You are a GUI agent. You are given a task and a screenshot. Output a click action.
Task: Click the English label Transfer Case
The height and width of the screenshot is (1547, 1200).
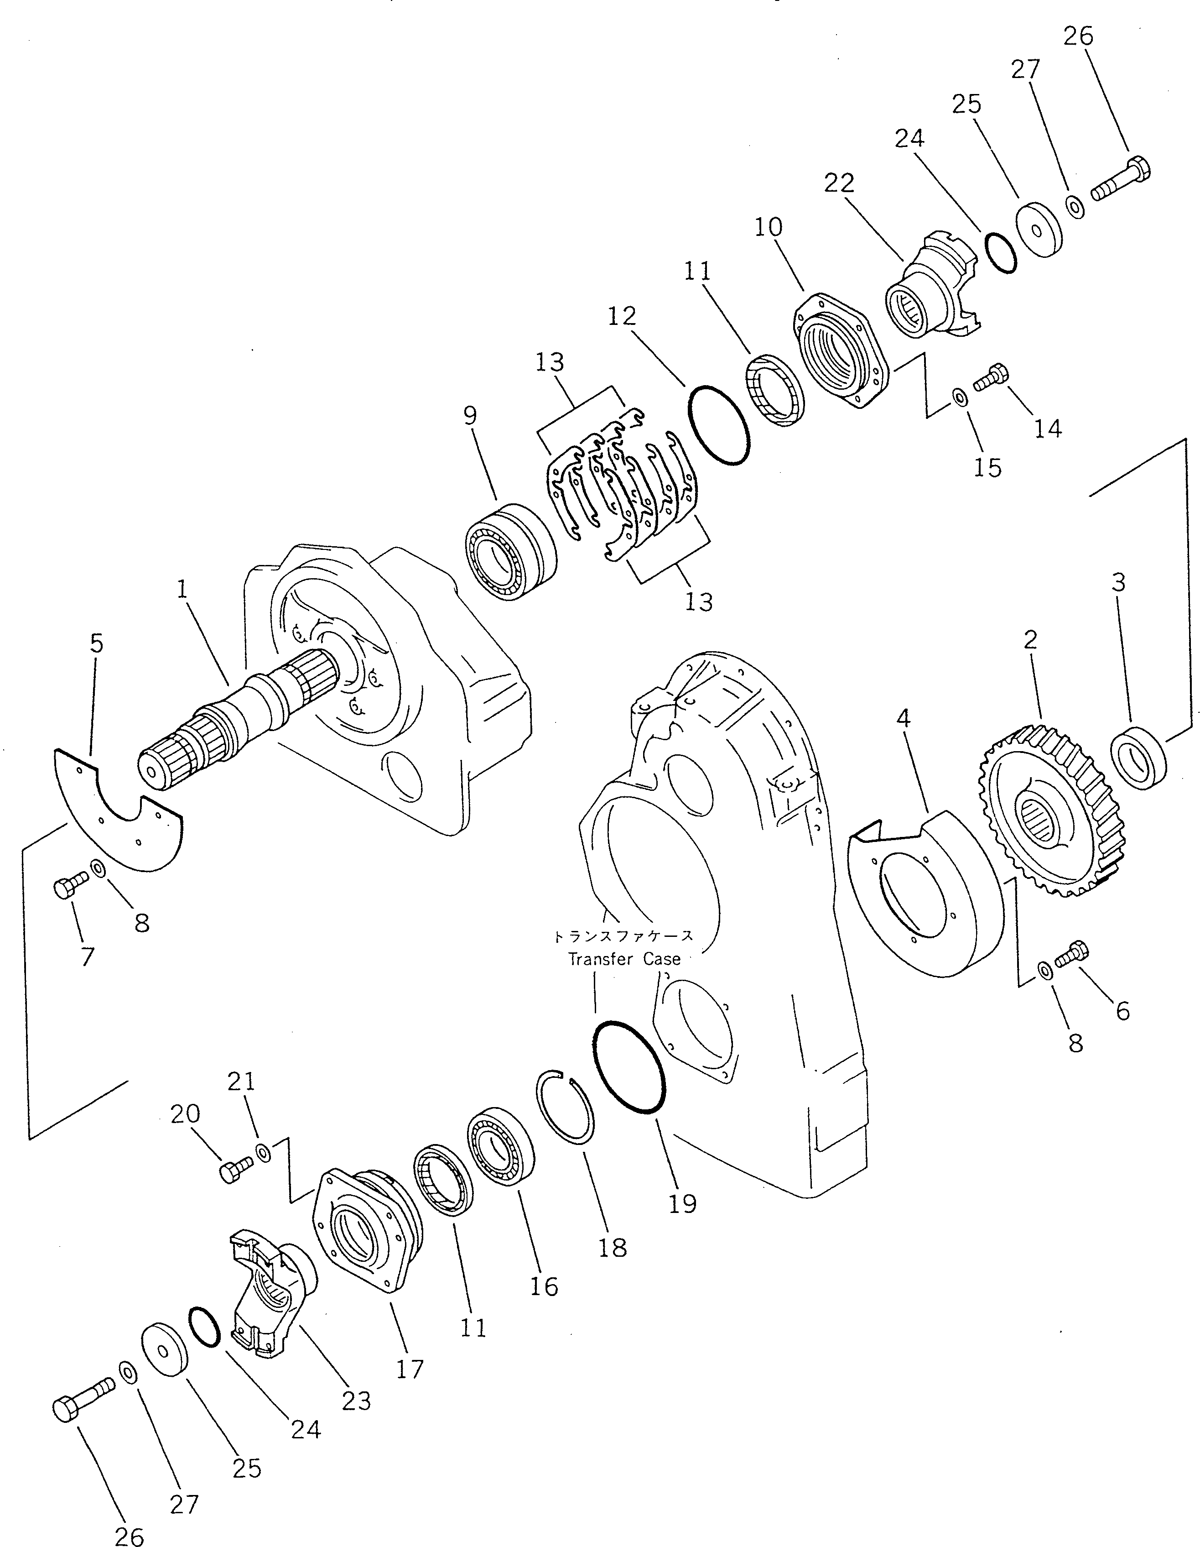(623, 959)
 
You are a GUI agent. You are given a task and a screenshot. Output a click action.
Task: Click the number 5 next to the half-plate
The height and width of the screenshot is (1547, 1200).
(96, 644)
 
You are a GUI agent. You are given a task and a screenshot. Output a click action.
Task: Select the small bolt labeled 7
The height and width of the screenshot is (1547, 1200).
(69, 886)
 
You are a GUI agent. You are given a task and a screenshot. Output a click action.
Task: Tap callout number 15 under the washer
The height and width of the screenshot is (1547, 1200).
(987, 467)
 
